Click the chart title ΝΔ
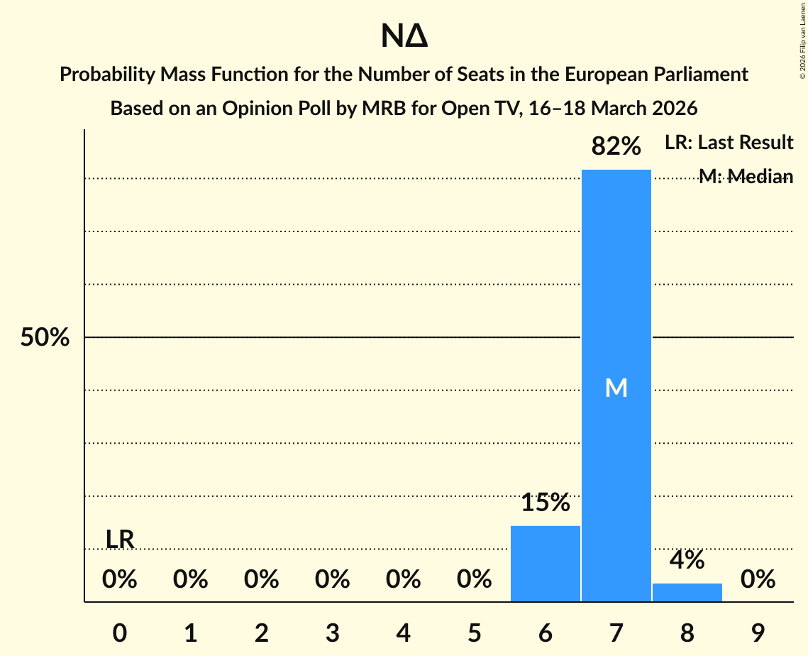click(404, 37)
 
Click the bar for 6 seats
click(545, 564)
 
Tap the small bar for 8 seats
click(687, 593)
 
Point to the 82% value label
click(616, 147)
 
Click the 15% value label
click(545, 503)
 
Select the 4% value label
click(687, 560)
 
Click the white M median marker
click(616, 388)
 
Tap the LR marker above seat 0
click(120, 540)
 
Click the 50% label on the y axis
click(45, 338)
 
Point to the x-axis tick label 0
click(120, 633)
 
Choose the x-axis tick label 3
click(332, 633)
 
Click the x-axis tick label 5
click(474, 633)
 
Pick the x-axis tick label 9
click(758, 633)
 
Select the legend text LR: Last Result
click(729, 143)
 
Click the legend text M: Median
click(746, 177)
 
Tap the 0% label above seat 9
click(758, 580)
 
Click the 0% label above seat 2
click(261, 580)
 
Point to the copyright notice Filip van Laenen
click(802, 43)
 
